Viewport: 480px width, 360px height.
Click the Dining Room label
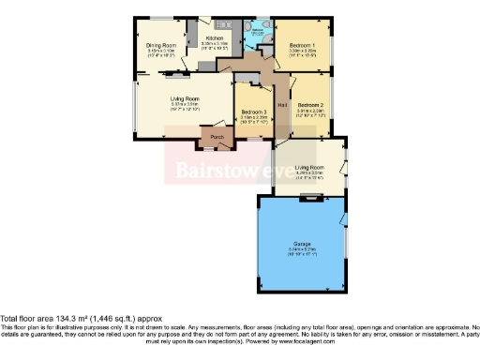161,45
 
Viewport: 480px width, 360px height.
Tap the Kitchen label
215,38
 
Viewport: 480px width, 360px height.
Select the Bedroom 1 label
302,45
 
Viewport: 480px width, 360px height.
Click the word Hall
282,92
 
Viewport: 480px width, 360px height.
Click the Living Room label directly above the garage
309,167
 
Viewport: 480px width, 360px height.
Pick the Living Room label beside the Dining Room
185,98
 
